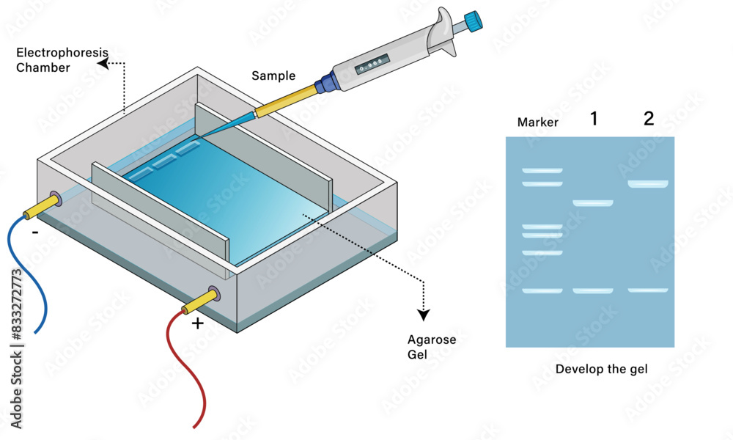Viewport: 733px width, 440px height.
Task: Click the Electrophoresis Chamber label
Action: pos(62,60)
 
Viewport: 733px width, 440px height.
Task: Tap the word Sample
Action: pos(273,76)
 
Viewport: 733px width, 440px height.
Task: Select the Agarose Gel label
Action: pos(432,347)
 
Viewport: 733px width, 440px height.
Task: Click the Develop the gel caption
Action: pos(601,369)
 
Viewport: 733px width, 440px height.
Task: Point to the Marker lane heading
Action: pos(537,122)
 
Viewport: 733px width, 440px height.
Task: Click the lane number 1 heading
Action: pos(593,119)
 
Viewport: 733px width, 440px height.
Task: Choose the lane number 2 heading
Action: pos(648,119)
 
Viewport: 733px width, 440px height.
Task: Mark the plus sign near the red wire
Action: pos(196,323)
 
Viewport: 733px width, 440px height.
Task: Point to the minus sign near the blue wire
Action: pos(34,232)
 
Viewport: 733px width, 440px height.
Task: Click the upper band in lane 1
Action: pos(592,203)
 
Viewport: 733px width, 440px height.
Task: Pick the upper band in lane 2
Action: pos(648,183)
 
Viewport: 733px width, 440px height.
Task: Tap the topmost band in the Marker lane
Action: pos(542,171)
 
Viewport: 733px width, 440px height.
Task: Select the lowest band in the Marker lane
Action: pos(542,291)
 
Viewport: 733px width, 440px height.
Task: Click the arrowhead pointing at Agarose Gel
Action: pos(423,315)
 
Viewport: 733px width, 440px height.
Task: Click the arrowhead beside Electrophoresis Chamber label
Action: pos(103,64)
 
